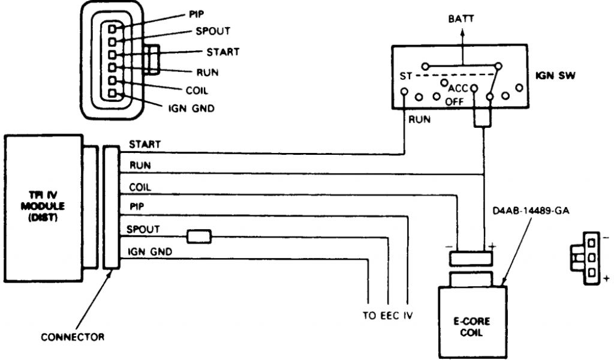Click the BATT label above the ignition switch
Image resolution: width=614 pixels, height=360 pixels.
(460, 19)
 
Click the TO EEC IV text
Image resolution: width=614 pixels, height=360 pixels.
(387, 315)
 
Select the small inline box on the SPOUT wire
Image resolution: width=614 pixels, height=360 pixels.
(198, 236)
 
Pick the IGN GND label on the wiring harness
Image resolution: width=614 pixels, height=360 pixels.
(150, 251)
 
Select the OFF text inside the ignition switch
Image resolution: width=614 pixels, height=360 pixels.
(455, 102)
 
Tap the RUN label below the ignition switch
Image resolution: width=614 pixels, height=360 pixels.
(419, 119)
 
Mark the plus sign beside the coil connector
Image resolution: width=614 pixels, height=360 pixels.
(493, 246)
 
